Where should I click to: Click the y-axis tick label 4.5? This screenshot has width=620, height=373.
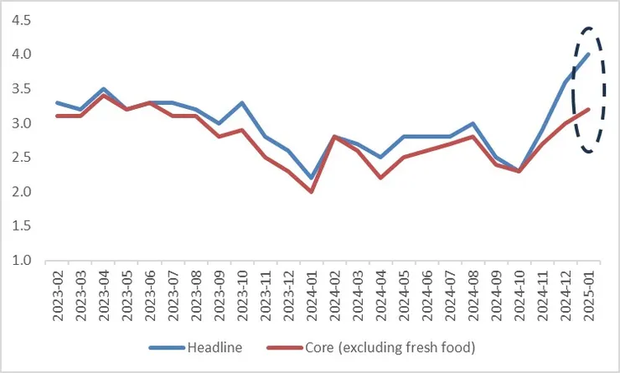point(20,20)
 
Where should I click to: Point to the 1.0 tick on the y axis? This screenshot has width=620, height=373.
point(20,261)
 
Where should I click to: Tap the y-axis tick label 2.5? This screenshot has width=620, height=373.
point(20,158)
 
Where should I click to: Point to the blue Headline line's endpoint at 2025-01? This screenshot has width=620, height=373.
point(589,54)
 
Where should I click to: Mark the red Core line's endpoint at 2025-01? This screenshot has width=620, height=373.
point(589,109)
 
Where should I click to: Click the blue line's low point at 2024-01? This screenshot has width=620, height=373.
point(312,178)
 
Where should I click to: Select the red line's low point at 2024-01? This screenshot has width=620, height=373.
point(312,192)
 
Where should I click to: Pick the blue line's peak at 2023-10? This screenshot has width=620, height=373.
point(242,102)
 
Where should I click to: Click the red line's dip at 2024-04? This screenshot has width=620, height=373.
point(381,178)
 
